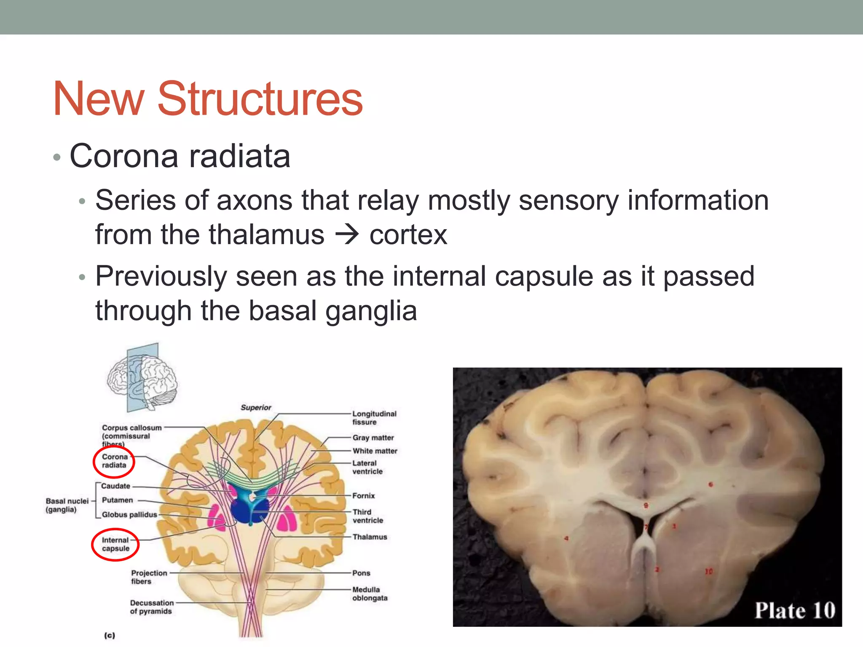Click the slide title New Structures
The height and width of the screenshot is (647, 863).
208,99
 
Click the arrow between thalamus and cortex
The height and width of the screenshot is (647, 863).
347,235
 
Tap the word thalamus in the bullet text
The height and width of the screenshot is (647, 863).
266,235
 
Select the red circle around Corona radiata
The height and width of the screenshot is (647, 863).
114,462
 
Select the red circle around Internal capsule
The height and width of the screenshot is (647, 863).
115,544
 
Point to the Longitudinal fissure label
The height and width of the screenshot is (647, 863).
374,418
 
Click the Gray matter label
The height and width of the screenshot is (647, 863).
373,438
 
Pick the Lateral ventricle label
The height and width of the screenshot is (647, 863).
367,467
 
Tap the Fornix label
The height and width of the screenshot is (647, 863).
363,496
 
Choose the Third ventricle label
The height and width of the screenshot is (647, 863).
367,516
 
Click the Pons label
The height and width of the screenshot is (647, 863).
361,573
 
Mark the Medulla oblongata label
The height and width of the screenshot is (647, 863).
369,594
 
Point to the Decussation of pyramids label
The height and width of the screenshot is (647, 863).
151,607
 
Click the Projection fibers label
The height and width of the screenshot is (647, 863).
149,577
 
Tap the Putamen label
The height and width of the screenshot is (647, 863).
117,500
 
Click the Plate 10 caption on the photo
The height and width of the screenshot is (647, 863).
794,610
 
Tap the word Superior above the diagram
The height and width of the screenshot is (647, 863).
256,407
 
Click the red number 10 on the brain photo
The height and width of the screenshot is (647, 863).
708,572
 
